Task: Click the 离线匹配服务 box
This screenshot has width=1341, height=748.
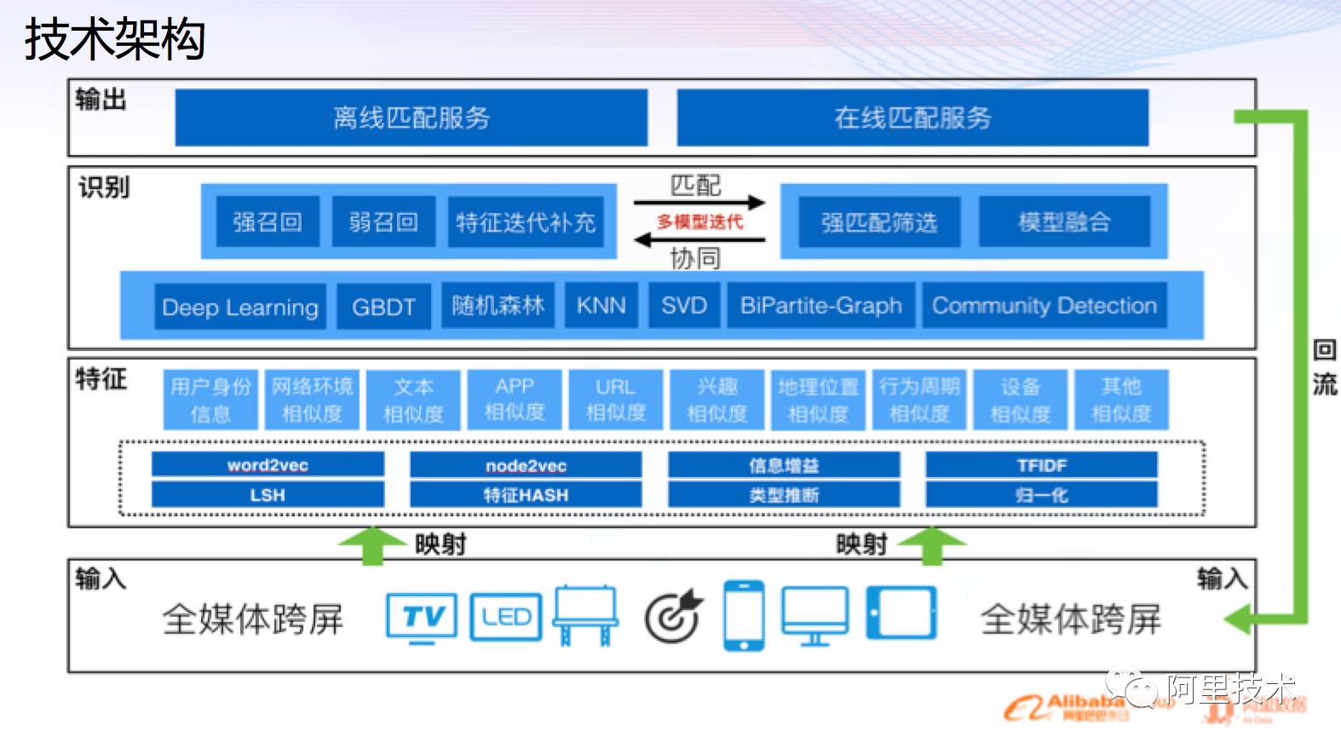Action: tap(411, 118)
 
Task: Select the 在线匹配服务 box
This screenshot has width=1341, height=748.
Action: tap(912, 118)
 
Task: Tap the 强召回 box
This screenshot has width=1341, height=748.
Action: tap(268, 222)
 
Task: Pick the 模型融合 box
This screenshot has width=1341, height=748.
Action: tap(1064, 222)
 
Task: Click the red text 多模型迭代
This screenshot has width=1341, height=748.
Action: tap(699, 222)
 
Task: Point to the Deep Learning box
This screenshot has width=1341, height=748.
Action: tap(240, 307)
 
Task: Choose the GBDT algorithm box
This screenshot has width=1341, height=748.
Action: tap(383, 307)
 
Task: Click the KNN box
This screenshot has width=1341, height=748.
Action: tap(601, 306)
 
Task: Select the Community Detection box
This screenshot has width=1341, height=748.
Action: tap(1045, 306)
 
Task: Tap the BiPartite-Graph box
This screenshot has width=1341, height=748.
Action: tap(820, 306)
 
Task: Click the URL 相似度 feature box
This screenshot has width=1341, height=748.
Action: tap(615, 400)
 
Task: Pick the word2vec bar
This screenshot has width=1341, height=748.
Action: tap(268, 465)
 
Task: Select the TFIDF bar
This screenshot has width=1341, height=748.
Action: tap(1041, 465)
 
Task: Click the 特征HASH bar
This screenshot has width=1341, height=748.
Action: tap(526, 495)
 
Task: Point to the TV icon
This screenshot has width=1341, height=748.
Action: tap(421, 617)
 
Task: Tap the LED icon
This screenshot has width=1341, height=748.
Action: tap(505, 617)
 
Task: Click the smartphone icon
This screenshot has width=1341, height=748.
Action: tap(743, 616)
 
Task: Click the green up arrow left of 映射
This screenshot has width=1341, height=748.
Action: tap(371, 545)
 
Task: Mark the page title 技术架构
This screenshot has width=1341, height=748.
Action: tap(115, 39)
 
